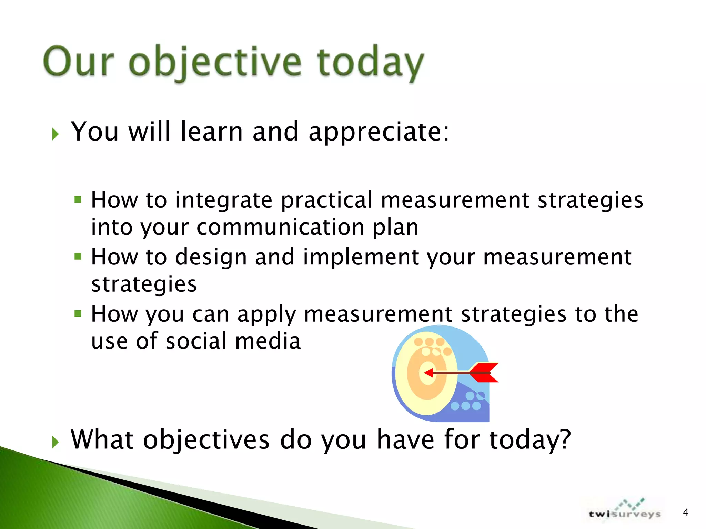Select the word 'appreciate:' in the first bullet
point(379,132)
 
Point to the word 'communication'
point(280,228)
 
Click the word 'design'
point(211,257)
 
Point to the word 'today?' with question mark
point(530,440)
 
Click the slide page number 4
point(685,512)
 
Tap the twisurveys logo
point(625,512)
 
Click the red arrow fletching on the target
point(484,373)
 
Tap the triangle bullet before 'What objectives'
point(56,442)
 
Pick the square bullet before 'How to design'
point(78,257)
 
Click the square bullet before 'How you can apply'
point(78,313)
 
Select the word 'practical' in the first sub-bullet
point(326,200)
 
